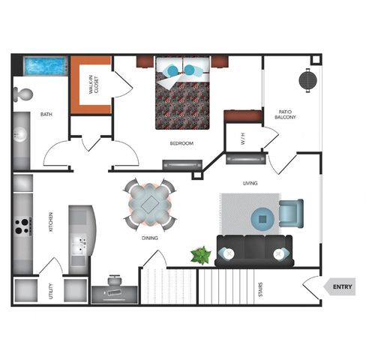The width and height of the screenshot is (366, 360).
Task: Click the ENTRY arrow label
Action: click(x=340, y=286)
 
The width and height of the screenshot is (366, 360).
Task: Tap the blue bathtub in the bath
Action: click(x=46, y=66)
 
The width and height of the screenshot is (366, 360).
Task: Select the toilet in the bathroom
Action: click(x=23, y=94)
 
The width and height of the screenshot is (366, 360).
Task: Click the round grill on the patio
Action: click(x=308, y=80)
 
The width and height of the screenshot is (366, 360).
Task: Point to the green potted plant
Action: click(x=201, y=255)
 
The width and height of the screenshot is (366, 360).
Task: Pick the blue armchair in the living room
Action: click(x=292, y=213)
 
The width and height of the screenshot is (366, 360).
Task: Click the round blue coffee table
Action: click(x=262, y=219)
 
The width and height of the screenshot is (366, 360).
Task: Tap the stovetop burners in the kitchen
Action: click(x=22, y=226)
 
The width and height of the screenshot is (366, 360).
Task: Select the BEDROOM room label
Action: click(x=181, y=143)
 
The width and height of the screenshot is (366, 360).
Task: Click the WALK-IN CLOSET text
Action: click(x=94, y=85)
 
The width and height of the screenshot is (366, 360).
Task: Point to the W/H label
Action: click(x=243, y=139)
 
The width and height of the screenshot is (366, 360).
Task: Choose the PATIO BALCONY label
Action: click(x=285, y=114)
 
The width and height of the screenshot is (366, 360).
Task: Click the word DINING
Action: click(x=150, y=238)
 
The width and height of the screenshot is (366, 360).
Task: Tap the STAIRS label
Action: click(x=260, y=289)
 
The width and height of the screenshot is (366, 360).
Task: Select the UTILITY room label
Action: click(x=51, y=291)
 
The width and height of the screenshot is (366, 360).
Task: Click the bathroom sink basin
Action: click(x=19, y=134)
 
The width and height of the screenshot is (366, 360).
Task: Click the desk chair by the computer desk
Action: click(x=115, y=280)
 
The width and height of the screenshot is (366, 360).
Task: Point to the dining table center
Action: click(x=150, y=205)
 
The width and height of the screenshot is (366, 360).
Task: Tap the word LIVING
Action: click(x=250, y=183)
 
